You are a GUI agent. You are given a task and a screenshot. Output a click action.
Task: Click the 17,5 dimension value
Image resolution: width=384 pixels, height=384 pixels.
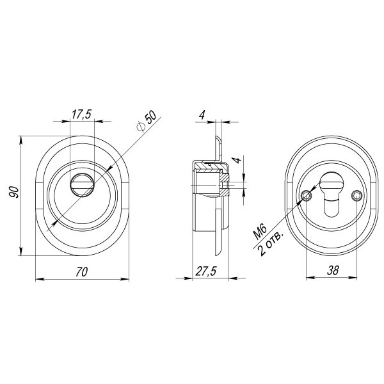click(x=81, y=114)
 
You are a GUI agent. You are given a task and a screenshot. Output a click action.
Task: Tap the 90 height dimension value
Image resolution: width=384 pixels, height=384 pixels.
click(x=13, y=192)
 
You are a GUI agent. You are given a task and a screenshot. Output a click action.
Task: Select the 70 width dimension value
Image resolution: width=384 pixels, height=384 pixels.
click(x=81, y=272)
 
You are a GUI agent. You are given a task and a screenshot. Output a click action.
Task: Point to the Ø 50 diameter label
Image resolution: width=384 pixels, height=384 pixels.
click(x=147, y=122)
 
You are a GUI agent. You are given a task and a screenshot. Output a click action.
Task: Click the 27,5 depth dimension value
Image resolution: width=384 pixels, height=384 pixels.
click(x=206, y=271)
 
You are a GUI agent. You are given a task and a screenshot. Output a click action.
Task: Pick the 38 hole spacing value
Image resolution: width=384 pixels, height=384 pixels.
click(x=333, y=270)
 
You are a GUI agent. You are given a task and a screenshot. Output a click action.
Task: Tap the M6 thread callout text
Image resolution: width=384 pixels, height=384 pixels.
click(x=260, y=232)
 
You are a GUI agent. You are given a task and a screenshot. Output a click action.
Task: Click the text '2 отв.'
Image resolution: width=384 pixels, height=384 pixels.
click(x=271, y=243)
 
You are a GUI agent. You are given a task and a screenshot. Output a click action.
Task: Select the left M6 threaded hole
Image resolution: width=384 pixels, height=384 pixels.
click(x=307, y=196)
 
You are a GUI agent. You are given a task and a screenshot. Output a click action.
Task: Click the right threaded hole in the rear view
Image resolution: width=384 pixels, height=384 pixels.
click(x=356, y=195)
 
